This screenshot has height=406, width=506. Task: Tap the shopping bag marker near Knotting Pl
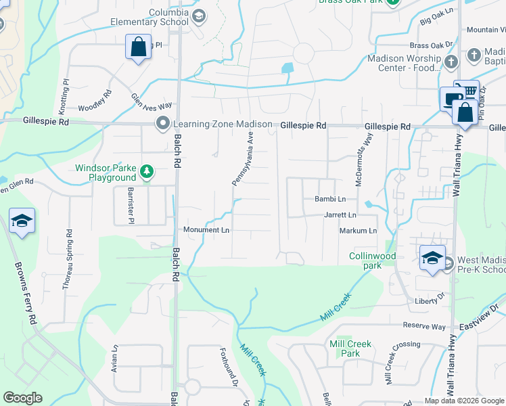138,48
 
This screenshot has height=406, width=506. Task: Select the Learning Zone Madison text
223,125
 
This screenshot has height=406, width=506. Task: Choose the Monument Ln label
206,230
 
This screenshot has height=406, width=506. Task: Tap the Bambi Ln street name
330,200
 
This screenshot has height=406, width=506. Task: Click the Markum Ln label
358,231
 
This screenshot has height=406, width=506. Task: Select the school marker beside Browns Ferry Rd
22,221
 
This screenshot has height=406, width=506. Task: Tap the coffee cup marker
451,99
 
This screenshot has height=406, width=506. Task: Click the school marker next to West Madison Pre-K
432,258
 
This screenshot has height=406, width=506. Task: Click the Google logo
22,398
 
